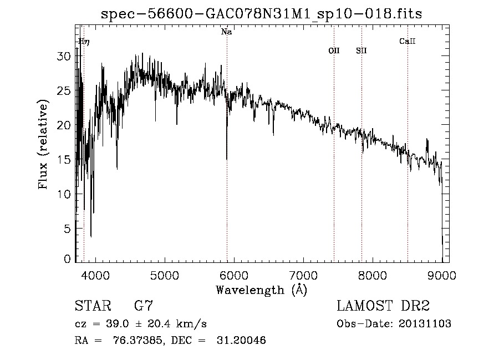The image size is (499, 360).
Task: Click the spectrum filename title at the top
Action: (261, 14)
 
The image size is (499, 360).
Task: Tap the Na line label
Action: (226, 32)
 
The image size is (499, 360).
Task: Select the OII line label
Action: (334, 50)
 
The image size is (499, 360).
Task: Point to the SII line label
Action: (361, 50)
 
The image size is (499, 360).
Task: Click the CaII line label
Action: (408, 41)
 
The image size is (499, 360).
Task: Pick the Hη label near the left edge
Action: (84, 41)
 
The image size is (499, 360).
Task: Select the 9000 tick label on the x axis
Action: (442, 275)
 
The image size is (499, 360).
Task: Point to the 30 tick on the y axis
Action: (65, 56)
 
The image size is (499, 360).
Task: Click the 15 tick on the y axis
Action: (65, 160)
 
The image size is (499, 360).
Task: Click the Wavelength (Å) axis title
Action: (261, 290)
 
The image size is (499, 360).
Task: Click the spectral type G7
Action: (143, 306)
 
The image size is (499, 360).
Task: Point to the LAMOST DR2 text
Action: (383, 306)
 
